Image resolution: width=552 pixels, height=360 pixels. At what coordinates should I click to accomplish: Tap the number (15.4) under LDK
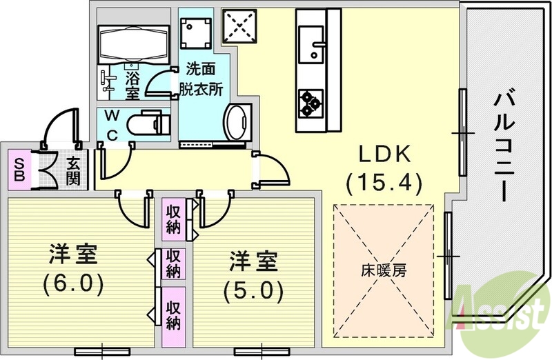click(x=384, y=183)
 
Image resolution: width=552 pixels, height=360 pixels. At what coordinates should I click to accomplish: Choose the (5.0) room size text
click(x=254, y=290)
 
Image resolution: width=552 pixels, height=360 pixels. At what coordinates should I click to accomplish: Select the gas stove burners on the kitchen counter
click(x=310, y=103)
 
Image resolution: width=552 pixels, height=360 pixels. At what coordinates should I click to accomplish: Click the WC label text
click(x=111, y=124)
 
